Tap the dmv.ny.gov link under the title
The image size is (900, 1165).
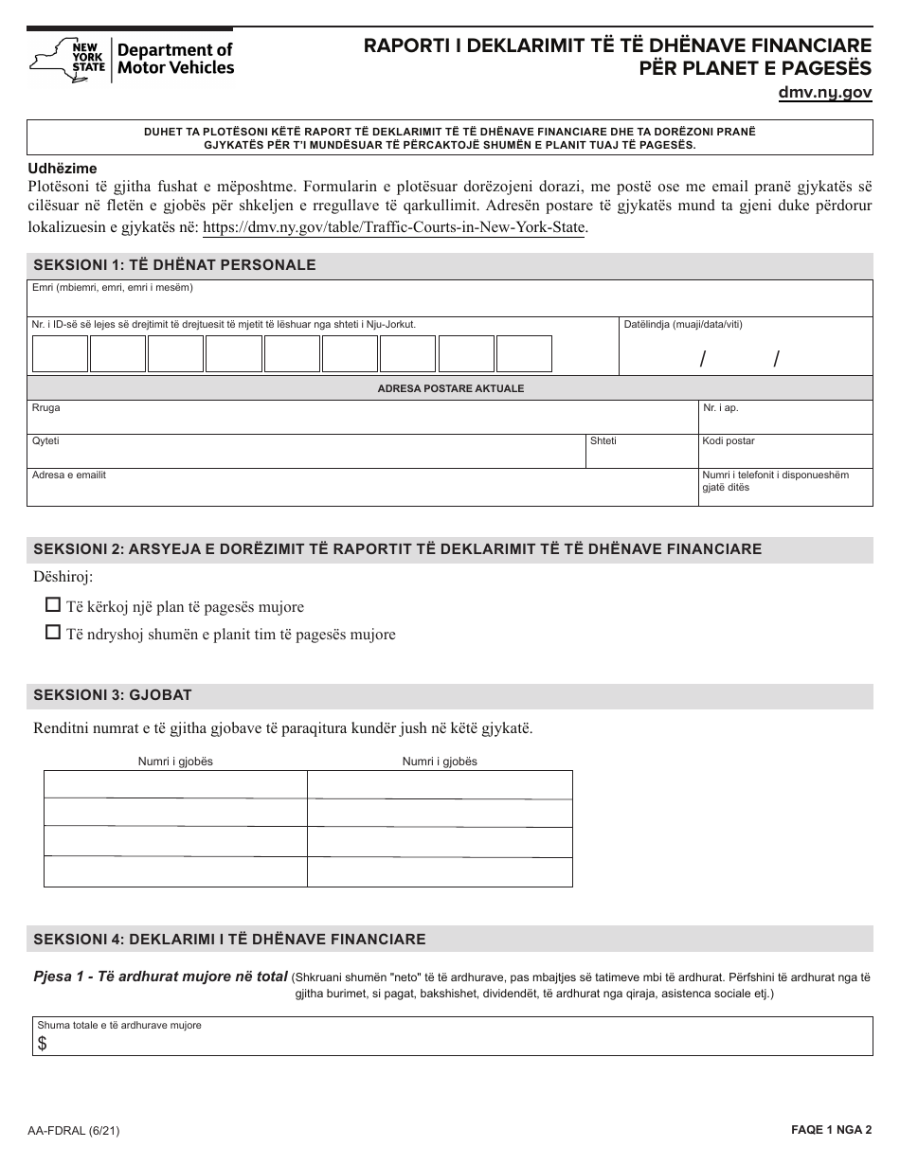(x=824, y=93)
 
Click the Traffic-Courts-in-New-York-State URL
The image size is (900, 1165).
(x=394, y=227)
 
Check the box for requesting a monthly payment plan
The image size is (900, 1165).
(x=54, y=605)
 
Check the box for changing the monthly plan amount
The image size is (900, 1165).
(x=54, y=633)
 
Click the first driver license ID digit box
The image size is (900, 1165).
(x=60, y=353)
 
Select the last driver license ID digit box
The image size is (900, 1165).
(x=524, y=353)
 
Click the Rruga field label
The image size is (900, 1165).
(x=45, y=407)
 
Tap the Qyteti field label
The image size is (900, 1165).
(x=45, y=441)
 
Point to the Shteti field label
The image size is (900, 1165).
(x=603, y=441)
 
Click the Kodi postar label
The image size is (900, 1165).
(x=728, y=441)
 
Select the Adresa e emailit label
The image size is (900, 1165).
(x=69, y=475)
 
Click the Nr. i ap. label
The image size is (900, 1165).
(x=719, y=407)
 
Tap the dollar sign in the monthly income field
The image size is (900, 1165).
(x=42, y=1043)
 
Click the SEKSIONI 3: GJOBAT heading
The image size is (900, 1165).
(x=113, y=695)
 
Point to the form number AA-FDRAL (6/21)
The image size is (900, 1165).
(x=73, y=1130)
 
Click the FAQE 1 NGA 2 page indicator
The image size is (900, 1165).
(x=830, y=1130)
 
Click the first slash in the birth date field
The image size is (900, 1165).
(x=703, y=358)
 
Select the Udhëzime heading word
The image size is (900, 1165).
(x=63, y=169)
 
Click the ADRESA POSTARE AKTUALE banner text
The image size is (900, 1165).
(x=450, y=388)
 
